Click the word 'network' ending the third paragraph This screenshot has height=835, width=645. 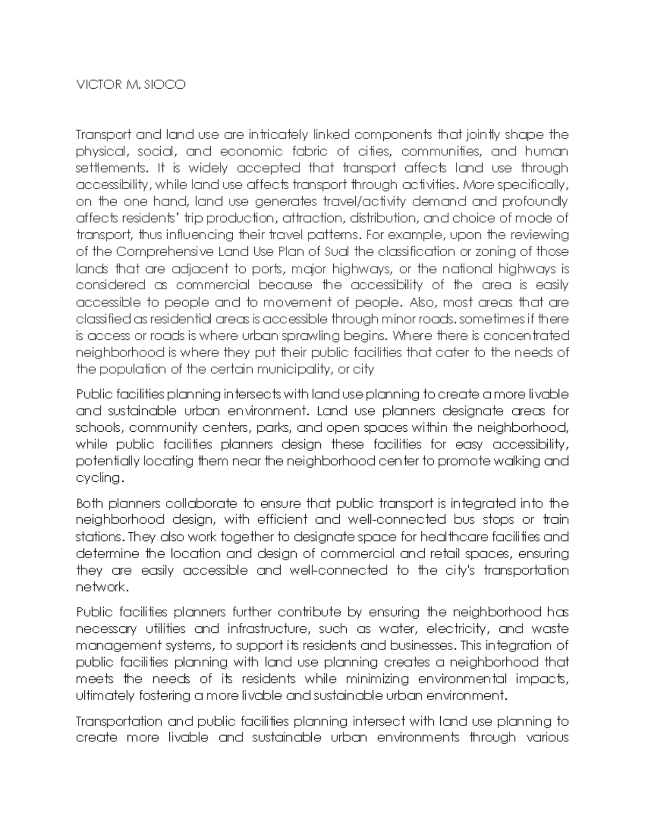click(101, 587)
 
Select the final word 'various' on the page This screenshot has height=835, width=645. click(546, 738)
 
